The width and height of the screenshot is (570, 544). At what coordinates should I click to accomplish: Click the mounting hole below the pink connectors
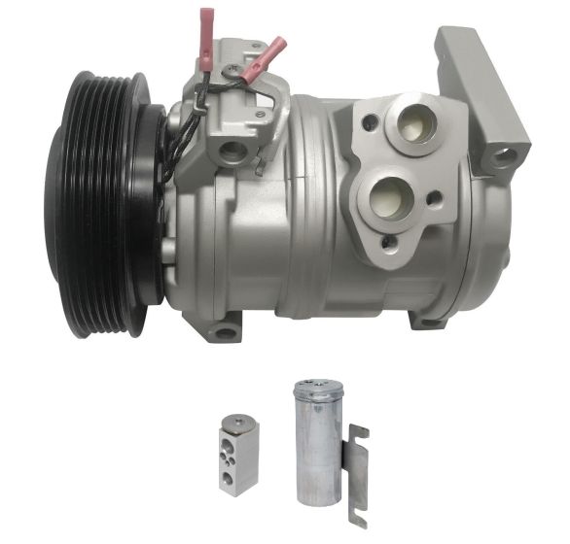[232, 151]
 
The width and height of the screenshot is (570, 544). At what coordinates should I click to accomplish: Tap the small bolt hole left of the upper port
[370, 124]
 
